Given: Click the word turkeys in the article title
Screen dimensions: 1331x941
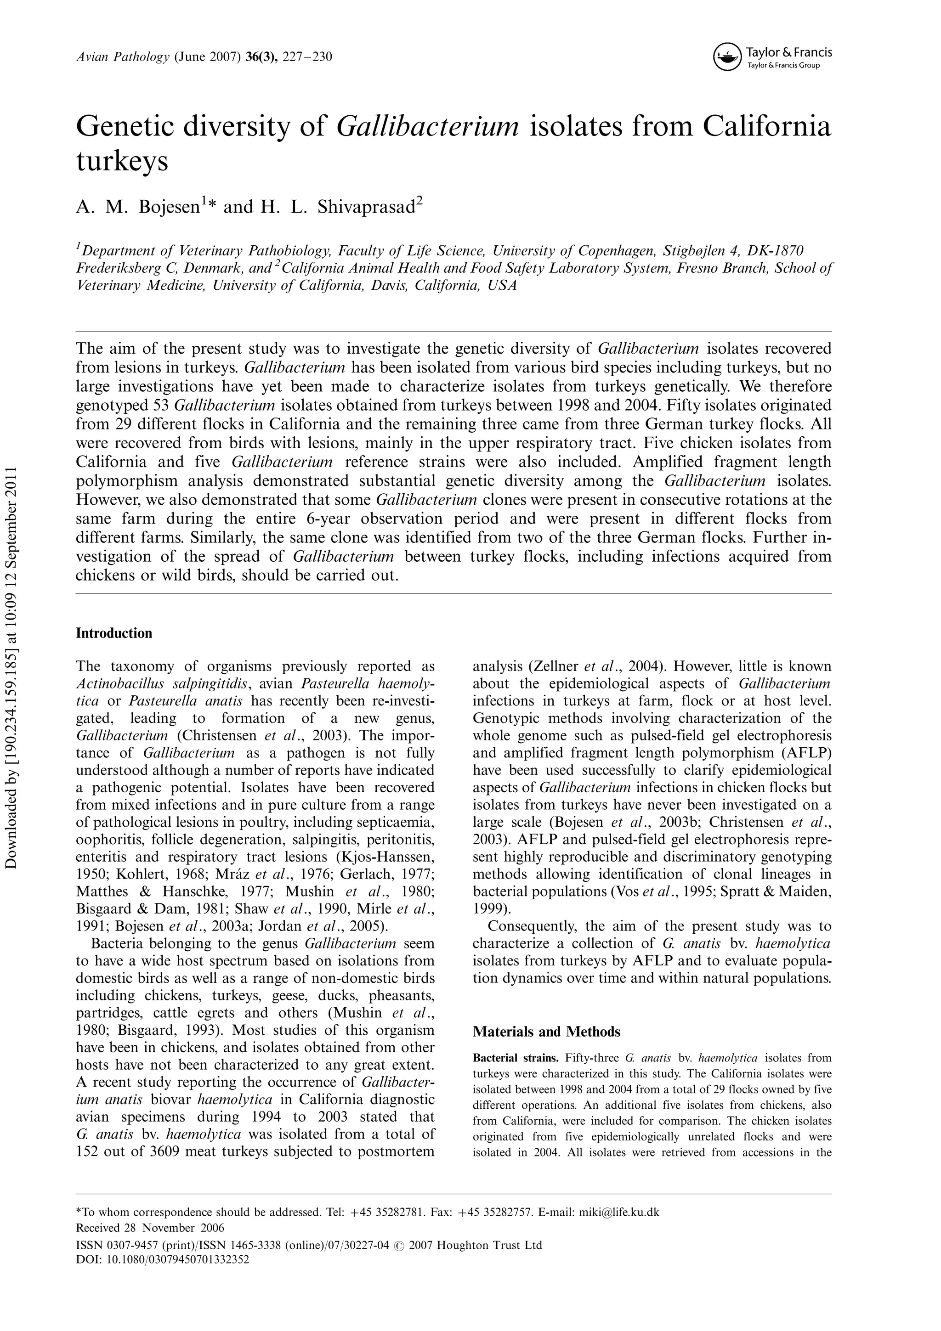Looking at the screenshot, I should click(x=122, y=161).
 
